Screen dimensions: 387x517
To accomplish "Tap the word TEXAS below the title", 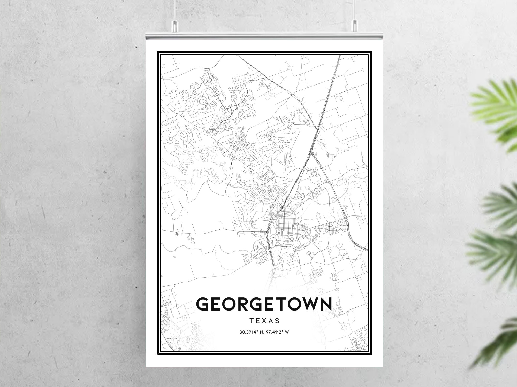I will coord(264,321).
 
